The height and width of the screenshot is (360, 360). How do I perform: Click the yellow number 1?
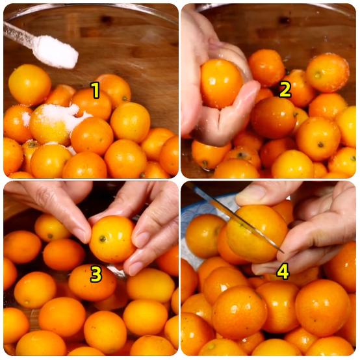point(95,90)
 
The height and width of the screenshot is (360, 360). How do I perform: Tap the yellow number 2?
point(285,90)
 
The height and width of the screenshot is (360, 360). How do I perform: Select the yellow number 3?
point(96,274)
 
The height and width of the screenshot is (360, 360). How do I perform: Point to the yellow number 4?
point(283,272)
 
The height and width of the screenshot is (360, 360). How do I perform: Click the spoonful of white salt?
point(56,53)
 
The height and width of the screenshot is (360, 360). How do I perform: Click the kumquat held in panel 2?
point(221,83)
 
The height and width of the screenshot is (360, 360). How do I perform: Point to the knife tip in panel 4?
point(284,252)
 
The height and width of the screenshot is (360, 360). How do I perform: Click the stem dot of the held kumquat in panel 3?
point(103,238)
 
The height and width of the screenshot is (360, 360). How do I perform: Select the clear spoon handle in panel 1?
point(18,33)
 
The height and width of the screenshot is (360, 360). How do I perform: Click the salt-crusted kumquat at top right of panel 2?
point(328,72)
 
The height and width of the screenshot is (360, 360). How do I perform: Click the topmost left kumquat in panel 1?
point(30,84)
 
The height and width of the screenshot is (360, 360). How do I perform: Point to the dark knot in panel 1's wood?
point(106,19)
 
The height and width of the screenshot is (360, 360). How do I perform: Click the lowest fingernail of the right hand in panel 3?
point(135,268)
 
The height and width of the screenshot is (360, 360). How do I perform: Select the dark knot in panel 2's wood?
point(285,20)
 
